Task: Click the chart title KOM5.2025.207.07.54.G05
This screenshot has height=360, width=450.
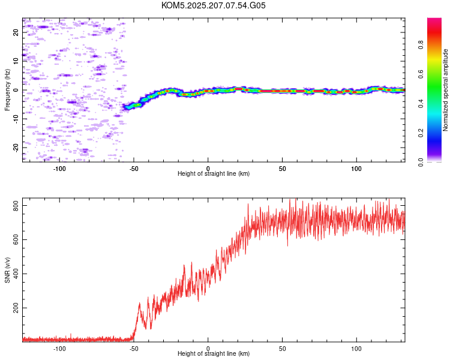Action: point(213,5)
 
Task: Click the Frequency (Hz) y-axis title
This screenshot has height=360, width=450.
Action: point(7,90)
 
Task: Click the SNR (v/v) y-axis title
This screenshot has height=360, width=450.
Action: point(7,270)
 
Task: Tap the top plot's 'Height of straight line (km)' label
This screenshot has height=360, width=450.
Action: point(214,173)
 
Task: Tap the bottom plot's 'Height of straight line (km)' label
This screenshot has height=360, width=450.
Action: point(214,353)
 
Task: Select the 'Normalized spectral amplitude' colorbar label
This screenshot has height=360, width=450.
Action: point(445,90)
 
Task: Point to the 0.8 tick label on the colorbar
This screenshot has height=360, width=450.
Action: point(421,45)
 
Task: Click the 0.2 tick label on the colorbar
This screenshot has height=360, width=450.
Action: point(421,133)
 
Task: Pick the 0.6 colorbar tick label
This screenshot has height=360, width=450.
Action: point(421,74)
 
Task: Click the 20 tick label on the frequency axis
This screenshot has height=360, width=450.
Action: point(16,32)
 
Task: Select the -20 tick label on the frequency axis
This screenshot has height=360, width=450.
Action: point(16,148)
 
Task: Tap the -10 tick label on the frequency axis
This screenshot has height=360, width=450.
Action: point(16,119)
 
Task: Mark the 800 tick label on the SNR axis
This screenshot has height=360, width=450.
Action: point(16,206)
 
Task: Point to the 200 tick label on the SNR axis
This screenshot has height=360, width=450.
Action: point(16,308)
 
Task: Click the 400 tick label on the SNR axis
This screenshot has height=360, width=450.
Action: point(16,274)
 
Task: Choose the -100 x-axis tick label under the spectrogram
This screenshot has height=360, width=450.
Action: point(59,169)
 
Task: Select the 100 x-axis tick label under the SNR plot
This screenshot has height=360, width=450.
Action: point(356,349)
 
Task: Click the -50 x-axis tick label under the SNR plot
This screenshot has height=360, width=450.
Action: point(134,349)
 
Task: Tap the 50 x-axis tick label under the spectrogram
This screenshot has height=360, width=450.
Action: point(283,169)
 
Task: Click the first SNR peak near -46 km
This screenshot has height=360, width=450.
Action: point(139,303)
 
